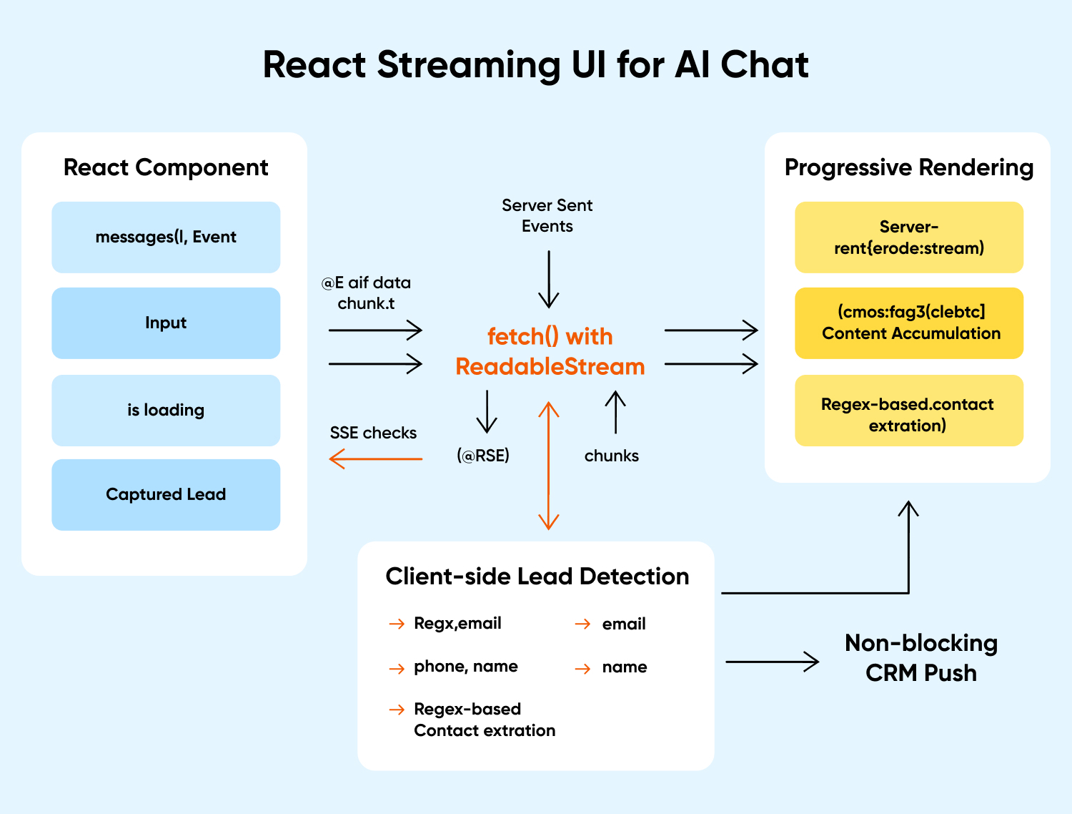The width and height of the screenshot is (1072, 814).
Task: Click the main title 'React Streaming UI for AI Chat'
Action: (535, 65)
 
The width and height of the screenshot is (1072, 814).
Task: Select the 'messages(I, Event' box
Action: (166, 237)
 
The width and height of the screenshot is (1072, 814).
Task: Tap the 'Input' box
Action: (166, 323)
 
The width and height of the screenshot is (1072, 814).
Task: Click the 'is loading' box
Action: (166, 411)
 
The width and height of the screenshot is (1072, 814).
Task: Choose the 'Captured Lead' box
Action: (166, 495)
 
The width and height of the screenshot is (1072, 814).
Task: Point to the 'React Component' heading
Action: (166, 167)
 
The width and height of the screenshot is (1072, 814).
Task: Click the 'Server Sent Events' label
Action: (547, 215)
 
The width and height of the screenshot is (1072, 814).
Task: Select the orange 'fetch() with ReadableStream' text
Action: (550, 351)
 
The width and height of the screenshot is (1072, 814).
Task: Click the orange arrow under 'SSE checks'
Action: (376, 459)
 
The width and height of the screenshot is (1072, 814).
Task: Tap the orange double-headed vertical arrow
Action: (548, 466)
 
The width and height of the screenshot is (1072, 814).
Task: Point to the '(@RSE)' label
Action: (483, 456)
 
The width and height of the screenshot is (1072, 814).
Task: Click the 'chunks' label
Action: (611, 456)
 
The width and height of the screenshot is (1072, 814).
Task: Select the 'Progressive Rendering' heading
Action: (908, 167)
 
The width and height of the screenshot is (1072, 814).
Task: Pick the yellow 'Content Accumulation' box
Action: (909, 323)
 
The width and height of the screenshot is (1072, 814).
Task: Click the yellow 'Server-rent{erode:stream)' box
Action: (909, 237)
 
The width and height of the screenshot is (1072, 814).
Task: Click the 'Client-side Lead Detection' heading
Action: (537, 577)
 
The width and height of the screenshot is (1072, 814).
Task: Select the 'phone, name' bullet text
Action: (465, 667)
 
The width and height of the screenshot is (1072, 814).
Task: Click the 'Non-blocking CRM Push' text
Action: (920, 658)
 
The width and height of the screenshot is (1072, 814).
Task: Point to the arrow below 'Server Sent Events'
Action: (549, 279)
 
